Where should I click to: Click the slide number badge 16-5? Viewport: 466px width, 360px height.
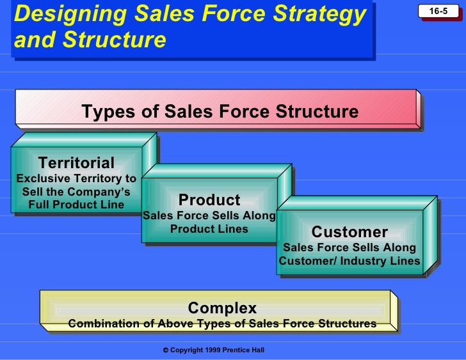pos(438,12)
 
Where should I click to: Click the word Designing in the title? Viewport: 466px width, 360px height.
pos(61,14)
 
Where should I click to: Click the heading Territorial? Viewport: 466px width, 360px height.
pos(77,163)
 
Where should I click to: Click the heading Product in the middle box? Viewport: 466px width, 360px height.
pos(209,200)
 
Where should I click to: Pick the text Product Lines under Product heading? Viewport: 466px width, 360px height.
pos(209,229)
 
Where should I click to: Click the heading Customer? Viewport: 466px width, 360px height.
pos(349,231)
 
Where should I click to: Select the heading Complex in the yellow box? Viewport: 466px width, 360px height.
pos(222,309)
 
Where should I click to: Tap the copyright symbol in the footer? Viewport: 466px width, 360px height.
pos(165,350)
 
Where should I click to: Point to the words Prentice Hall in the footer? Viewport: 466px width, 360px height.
pos(245,350)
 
